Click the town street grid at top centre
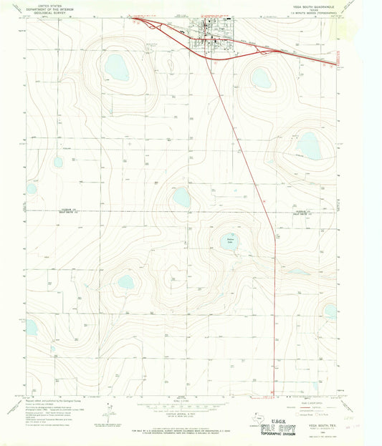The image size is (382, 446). point(208,37)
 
